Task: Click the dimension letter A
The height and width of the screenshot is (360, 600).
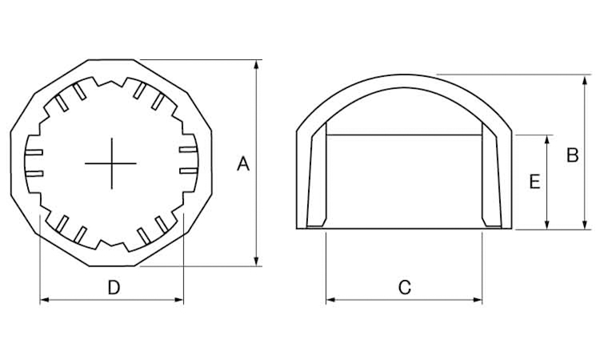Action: pos(243,164)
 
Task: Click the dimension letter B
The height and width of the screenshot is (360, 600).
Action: pos(573,155)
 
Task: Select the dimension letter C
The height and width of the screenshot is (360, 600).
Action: pos(405,287)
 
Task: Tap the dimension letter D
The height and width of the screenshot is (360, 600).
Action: pos(114,287)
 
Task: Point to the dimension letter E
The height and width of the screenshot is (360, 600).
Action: pos(534,182)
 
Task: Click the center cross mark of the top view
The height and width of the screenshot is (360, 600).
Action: pos(111,163)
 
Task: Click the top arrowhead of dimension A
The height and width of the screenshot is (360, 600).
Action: pos(256,65)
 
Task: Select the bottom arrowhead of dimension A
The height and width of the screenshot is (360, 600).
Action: pos(256,261)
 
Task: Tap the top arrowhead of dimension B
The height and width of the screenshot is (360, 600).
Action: pos(584,80)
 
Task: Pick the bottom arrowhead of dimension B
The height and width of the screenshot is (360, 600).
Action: pos(584,224)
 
